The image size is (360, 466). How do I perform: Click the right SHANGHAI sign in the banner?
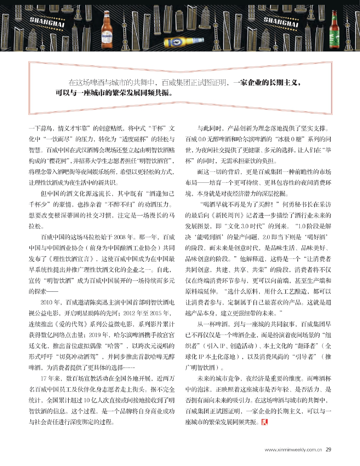click(x=281, y=21)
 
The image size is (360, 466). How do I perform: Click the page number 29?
click(x=328, y=449)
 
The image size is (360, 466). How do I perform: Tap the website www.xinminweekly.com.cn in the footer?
click(x=293, y=450)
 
